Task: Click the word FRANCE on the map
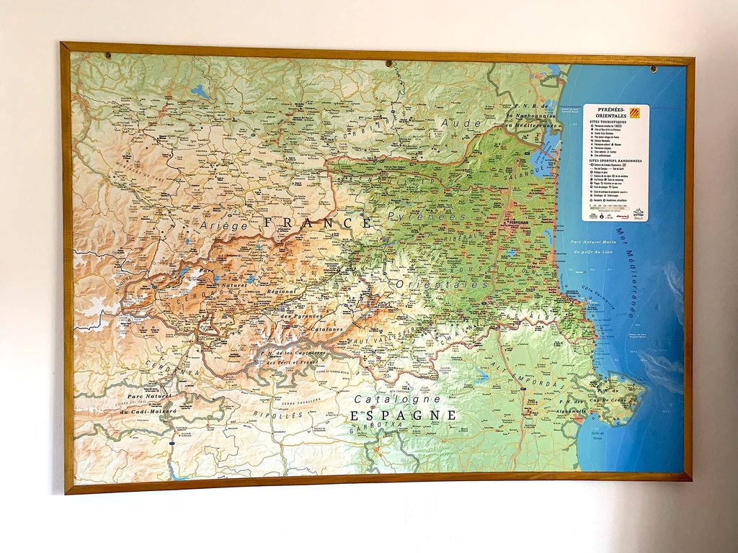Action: coord(318,223)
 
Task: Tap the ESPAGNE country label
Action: coord(403,415)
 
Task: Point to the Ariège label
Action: coord(224,226)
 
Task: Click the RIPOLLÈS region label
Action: coord(277,415)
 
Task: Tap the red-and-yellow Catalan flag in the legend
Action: coord(635,112)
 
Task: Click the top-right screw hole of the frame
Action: coord(654,69)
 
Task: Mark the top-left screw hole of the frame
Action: coord(107,55)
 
